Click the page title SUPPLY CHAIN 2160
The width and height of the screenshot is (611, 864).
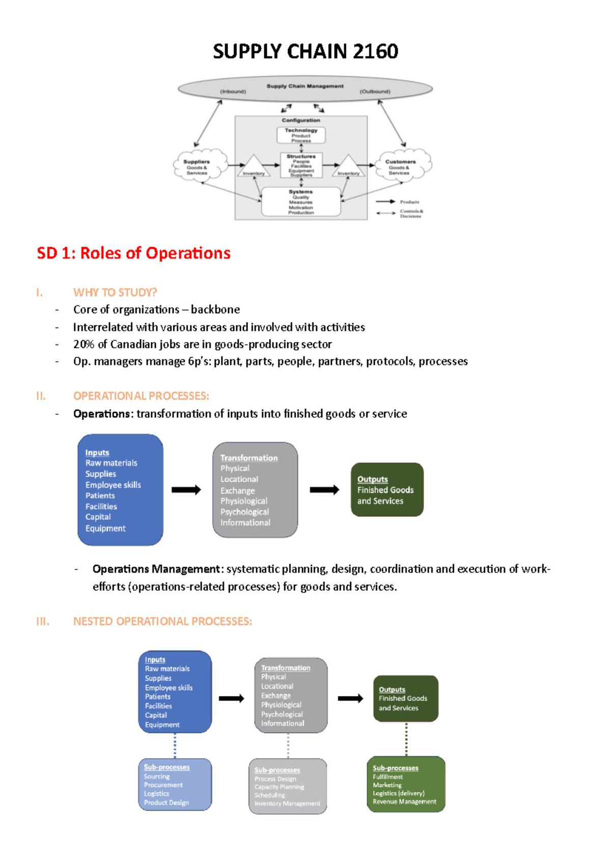click(305, 51)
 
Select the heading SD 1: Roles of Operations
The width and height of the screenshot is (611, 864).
click(133, 253)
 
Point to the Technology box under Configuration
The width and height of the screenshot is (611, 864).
click(301, 135)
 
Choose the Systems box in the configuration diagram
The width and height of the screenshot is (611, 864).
click(301, 202)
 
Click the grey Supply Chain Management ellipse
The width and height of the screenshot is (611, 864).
click(305, 89)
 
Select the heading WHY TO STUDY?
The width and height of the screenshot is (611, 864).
click(115, 293)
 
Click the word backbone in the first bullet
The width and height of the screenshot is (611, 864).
click(215, 310)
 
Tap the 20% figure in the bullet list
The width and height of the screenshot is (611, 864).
click(84, 344)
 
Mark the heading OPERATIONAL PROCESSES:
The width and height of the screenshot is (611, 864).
click(141, 396)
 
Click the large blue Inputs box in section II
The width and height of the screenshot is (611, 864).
click(120, 489)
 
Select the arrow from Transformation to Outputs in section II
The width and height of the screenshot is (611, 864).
click(324, 489)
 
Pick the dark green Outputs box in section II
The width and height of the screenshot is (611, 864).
click(387, 489)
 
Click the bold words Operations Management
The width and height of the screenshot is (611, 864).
click(156, 569)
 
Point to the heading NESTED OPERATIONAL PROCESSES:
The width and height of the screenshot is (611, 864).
click(162, 621)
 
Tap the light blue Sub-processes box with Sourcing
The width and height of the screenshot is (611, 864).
click(175, 784)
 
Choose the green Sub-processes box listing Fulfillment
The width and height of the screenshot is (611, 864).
click(406, 784)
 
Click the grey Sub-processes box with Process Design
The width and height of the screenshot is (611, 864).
click(288, 786)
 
